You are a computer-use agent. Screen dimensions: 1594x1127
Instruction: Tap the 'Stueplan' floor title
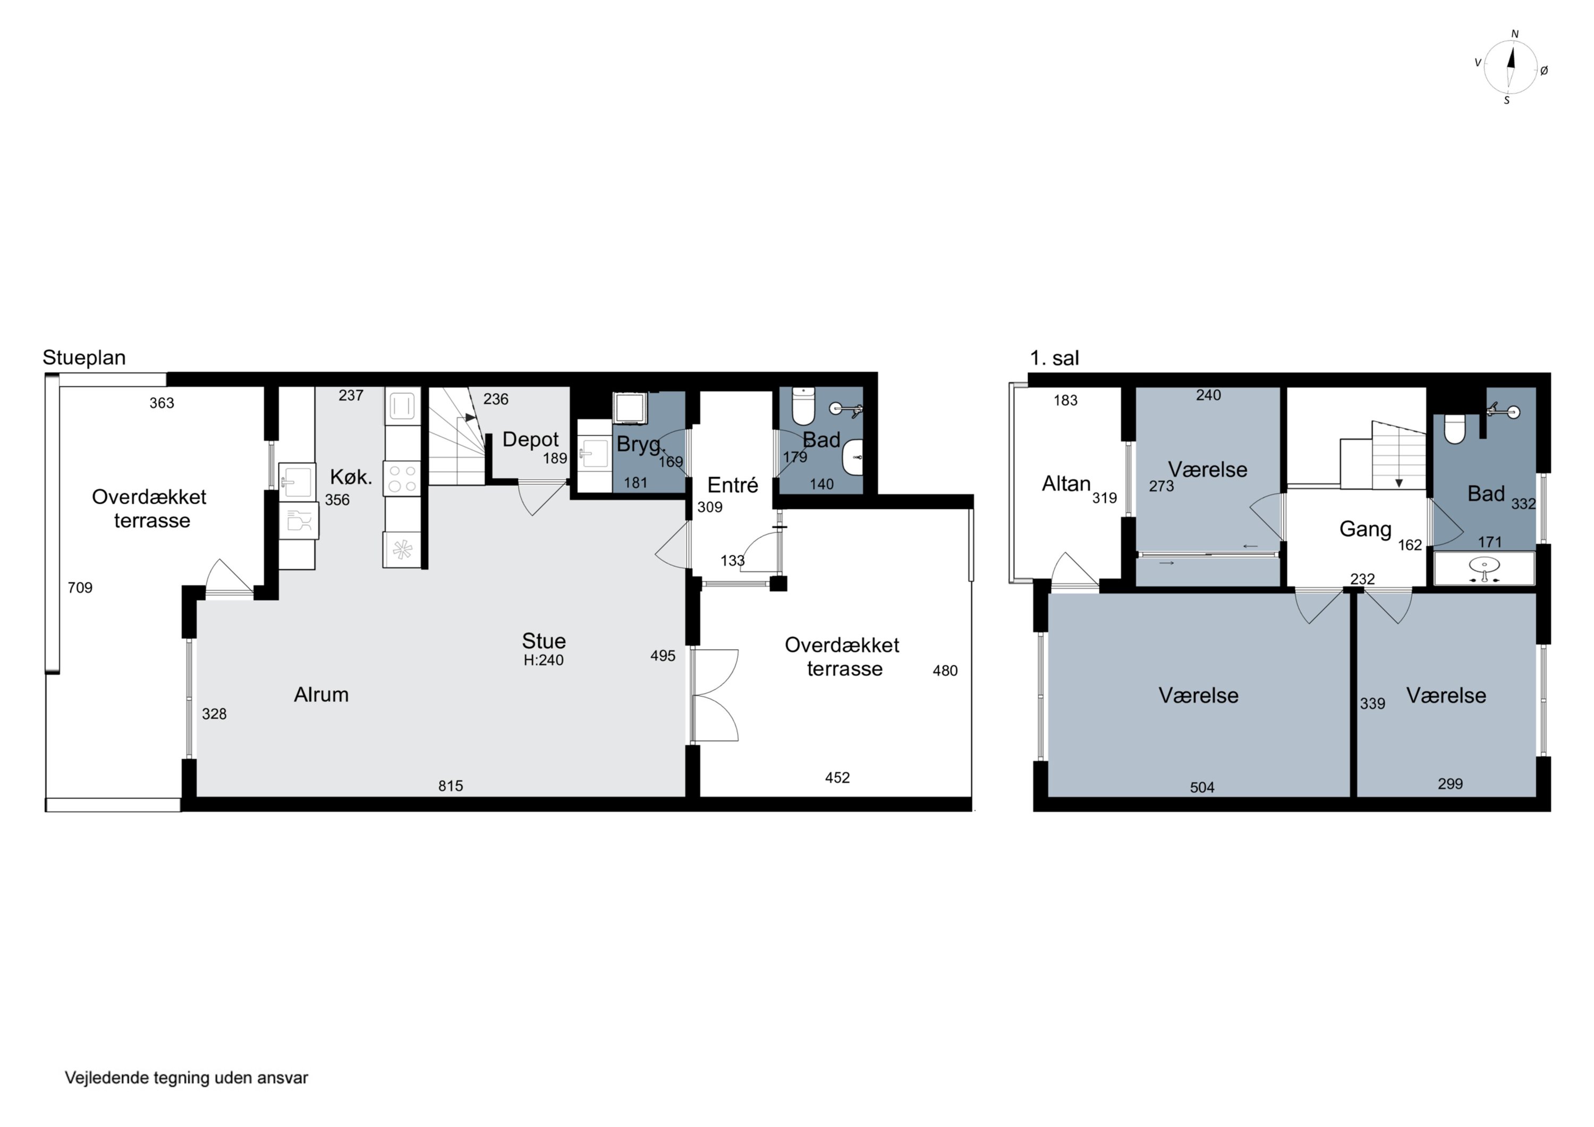84,358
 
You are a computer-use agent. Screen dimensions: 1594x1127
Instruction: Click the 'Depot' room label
530,439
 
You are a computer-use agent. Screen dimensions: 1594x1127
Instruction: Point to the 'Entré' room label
732,485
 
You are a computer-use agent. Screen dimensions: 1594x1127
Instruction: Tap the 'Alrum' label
321,694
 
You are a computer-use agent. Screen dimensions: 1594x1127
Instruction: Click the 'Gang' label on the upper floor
1365,530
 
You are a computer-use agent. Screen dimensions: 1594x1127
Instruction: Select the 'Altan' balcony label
1066,484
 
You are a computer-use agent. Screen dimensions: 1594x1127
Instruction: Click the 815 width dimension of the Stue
451,785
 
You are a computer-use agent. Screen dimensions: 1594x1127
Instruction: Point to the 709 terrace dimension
80,588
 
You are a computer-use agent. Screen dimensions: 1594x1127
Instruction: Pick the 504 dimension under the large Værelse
1202,787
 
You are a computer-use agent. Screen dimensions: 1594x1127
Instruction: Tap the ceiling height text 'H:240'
544,660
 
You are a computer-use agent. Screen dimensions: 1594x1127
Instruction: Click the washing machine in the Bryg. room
630,408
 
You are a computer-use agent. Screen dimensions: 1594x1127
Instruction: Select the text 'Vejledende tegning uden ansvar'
186,1078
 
